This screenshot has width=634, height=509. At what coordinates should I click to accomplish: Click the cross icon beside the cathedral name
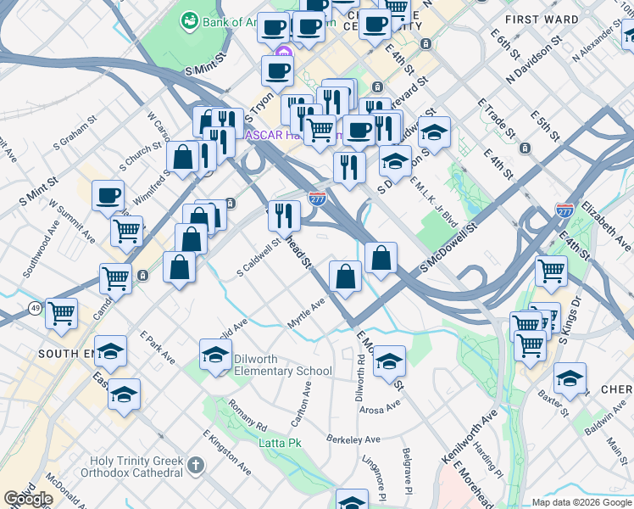click(196, 465)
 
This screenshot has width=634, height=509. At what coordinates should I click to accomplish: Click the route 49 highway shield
click(35, 307)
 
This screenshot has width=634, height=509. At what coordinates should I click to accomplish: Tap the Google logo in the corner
click(28, 499)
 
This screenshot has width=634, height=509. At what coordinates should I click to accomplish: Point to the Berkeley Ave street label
click(353, 439)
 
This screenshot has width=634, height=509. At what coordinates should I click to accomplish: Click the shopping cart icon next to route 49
click(62, 313)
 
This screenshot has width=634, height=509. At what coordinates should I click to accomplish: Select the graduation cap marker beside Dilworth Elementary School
click(216, 354)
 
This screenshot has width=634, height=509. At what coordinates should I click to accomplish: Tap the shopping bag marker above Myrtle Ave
click(345, 277)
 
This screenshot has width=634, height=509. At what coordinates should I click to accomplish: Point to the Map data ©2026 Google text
click(582, 502)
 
